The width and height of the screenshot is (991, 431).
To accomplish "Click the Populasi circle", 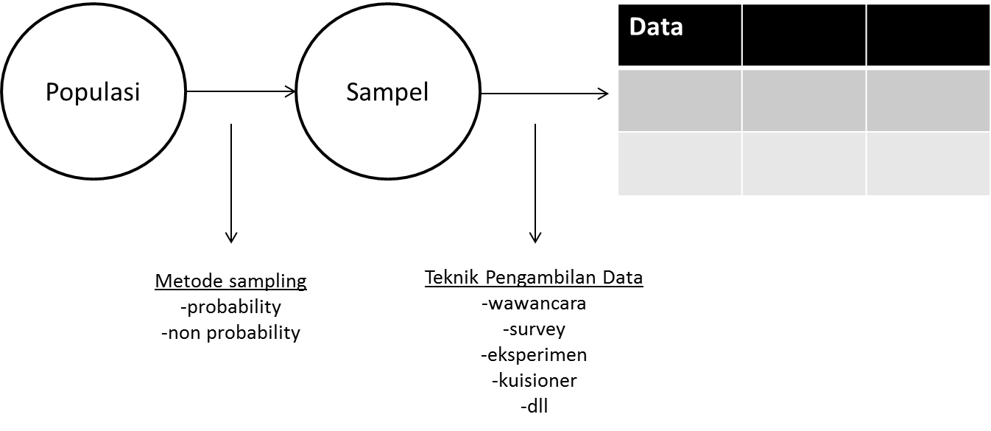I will point(92,93).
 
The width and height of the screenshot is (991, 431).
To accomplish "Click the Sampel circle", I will point(387,93).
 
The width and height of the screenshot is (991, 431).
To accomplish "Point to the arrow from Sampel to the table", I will point(544,94).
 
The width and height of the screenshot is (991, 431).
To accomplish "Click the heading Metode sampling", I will point(230,281).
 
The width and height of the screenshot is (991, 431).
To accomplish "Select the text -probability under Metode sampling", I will point(230,306).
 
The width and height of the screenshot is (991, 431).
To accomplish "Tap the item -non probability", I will point(230,332).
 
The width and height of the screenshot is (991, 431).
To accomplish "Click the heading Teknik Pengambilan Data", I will point(534,278).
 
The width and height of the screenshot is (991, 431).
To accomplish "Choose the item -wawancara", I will point(534,304).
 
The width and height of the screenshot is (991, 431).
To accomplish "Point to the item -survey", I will point(534,329).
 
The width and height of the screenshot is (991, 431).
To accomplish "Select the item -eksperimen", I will point(534,354).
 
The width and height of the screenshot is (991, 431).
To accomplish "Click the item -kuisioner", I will point(534,380).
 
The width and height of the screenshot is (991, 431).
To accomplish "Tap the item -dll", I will point(534,406).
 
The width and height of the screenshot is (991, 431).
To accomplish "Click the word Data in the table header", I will point(657,28).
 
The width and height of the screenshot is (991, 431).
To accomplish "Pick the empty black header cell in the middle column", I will point(803,35).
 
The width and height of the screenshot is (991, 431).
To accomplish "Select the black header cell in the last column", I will point(927,35).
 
